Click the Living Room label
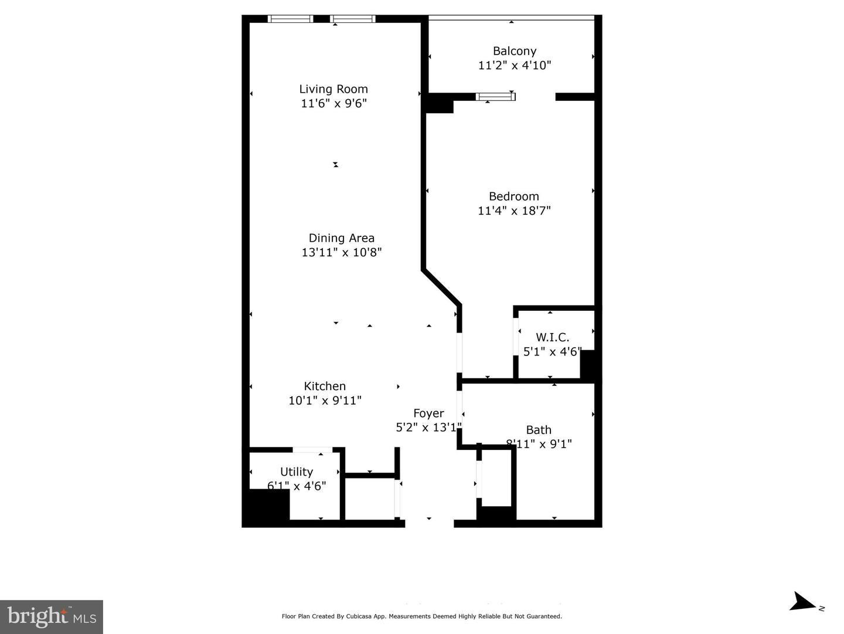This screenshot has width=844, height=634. [x=333, y=89]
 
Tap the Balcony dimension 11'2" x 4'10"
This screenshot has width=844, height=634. [x=515, y=65]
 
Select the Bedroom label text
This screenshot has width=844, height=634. [x=514, y=196]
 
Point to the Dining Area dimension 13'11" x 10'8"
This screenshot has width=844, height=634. [x=342, y=252]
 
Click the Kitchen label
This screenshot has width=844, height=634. [x=325, y=386]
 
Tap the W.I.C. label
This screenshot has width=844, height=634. [x=552, y=337]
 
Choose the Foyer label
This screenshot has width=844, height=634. [x=428, y=413]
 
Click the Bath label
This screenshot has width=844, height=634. [x=538, y=430]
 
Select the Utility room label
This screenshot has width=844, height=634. [x=297, y=472]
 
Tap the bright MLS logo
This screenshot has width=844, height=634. [x=52, y=616]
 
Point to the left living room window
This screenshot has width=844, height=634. [x=291, y=19]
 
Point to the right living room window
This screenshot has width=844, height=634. [x=353, y=19]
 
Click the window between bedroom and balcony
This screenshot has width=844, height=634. [x=495, y=97]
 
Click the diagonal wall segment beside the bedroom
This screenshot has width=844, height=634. [x=441, y=287]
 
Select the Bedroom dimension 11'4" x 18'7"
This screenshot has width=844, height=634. [x=514, y=211]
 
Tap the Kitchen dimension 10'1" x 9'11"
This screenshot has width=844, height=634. [x=325, y=401]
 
